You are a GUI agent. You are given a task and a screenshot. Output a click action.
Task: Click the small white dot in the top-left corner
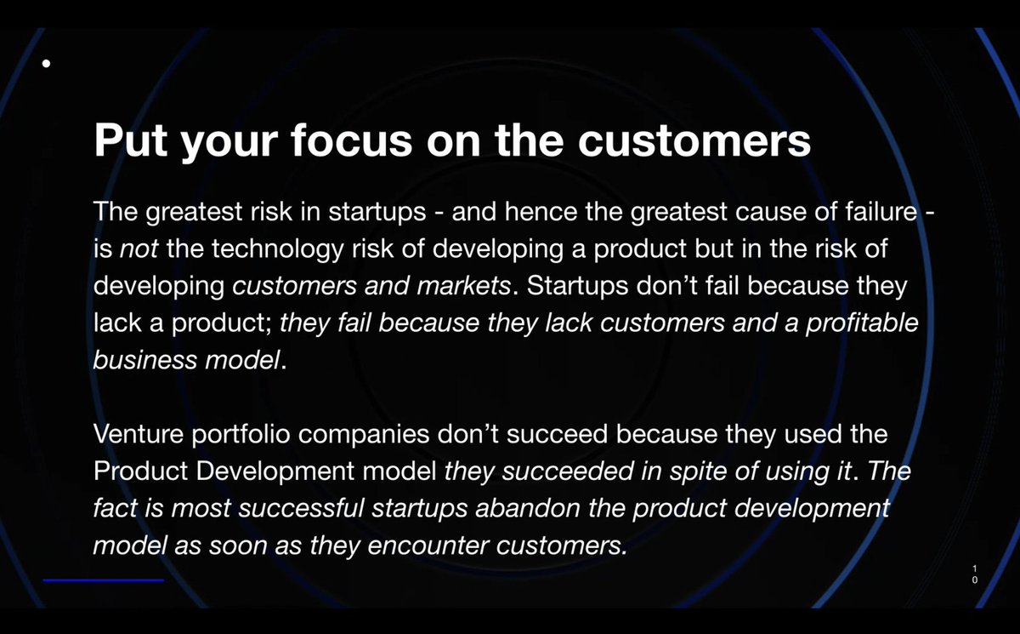(47, 63)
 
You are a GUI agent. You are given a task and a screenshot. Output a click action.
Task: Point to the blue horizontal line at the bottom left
(103, 580)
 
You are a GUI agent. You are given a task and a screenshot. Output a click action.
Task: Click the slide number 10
(975, 573)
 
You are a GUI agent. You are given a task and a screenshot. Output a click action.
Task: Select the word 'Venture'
(137, 434)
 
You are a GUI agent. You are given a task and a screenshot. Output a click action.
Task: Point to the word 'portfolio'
(247, 434)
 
